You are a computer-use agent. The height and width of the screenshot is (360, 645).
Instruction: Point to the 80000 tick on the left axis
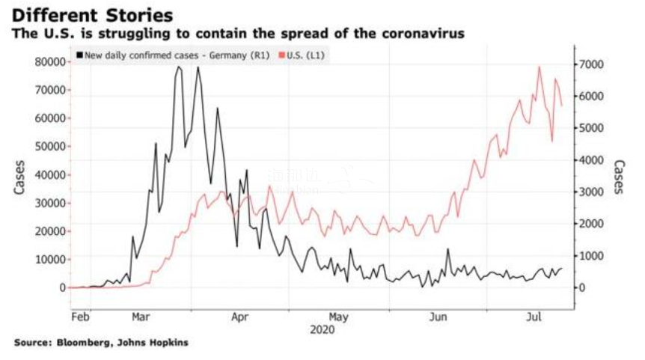(x=47, y=62)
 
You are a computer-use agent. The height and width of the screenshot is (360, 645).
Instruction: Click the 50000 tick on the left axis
(x=47, y=147)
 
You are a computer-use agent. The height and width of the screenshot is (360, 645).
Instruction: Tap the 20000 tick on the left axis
(x=47, y=231)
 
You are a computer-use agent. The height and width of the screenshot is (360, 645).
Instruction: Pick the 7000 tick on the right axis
(x=596, y=65)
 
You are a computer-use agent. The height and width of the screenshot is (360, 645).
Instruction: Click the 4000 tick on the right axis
(x=596, y=160)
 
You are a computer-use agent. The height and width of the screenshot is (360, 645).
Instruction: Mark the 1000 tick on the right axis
(x=596, y=256)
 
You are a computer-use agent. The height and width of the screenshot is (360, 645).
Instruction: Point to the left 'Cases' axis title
(x=19, y=177)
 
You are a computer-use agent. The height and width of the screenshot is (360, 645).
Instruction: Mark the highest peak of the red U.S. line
(x=539, y=67)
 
